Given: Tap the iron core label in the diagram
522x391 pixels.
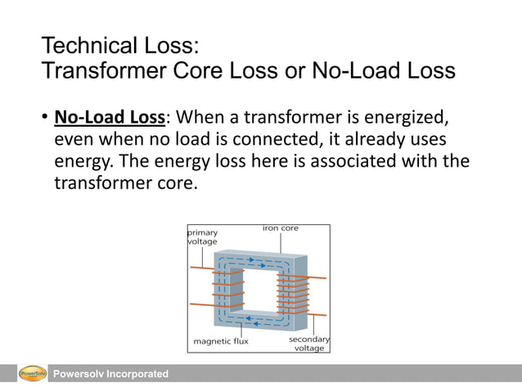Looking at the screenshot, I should pos(281,229).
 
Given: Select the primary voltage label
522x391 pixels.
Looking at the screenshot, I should pos(203,237).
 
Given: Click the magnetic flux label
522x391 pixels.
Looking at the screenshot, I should pos(221,340).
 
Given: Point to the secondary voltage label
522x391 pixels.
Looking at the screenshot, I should pos(308,343).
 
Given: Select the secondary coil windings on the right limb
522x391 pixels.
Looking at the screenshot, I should pos(294,294).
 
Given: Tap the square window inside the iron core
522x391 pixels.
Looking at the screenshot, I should pos(260,288).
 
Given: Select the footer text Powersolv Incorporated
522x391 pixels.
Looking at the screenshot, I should pos(110,374).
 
